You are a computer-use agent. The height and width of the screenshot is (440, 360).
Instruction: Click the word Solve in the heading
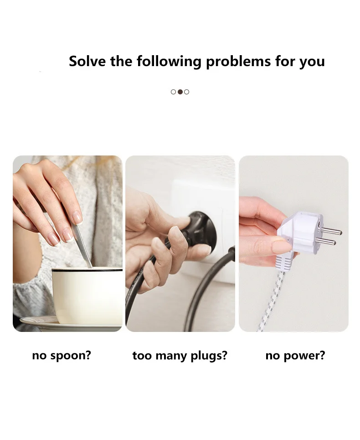pyautogui.click(x=87, y=61)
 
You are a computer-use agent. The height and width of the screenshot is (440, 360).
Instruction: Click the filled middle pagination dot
pyautogui.click(x=180, y=92)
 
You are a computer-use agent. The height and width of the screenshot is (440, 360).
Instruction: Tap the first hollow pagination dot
pyautogui.click(x=173, y=92)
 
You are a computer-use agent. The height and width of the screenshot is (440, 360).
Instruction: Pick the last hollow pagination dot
pyautogui.click(x=186, y=92)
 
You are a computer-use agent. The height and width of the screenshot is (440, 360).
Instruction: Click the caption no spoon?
pyautogui.click(x=62, y=356)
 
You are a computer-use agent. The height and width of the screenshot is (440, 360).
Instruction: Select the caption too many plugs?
pyautogui.click(x=180, y=356)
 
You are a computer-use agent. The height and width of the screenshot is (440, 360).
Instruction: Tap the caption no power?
pyautogui.click(x=295, y=356)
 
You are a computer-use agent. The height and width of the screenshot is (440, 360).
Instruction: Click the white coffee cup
pyautogui.click(x=87, y=296)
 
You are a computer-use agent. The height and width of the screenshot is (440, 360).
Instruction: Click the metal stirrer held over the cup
pyautogui.click(x=82, y=246)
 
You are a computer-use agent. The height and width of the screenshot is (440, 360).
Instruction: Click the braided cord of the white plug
pyautogui.click(x=272, y=301)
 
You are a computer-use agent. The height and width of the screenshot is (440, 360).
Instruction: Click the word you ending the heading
pyautogui.click(x=312, y=62)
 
